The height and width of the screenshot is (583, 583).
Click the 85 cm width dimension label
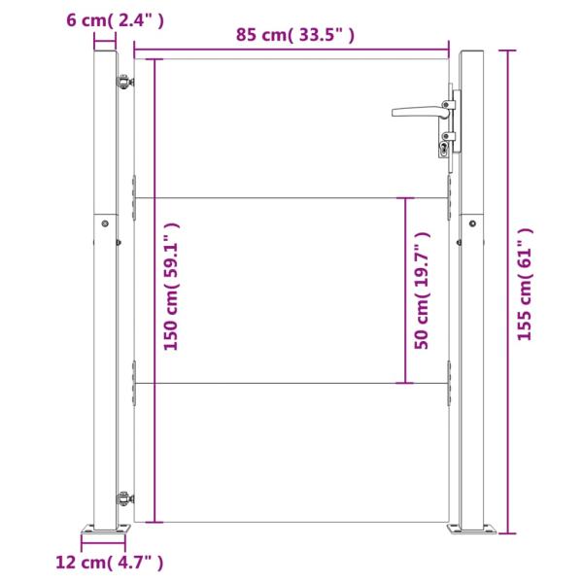(x=295, y=35)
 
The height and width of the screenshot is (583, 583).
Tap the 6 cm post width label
(x=115, y=20)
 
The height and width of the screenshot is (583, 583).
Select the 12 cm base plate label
(x=109, y=563)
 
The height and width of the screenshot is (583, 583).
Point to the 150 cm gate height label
(x=171, y=287)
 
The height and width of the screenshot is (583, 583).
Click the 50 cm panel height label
(x=423, y=291)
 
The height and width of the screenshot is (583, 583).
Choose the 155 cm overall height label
(x=525, y=284)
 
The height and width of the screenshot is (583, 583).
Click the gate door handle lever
(x=421, y=111)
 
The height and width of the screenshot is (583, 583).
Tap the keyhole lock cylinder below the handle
(x=444, y=149)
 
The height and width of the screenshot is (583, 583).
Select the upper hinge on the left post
(x=124, y=82)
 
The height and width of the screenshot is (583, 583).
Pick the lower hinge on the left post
(x=124, y=497)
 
